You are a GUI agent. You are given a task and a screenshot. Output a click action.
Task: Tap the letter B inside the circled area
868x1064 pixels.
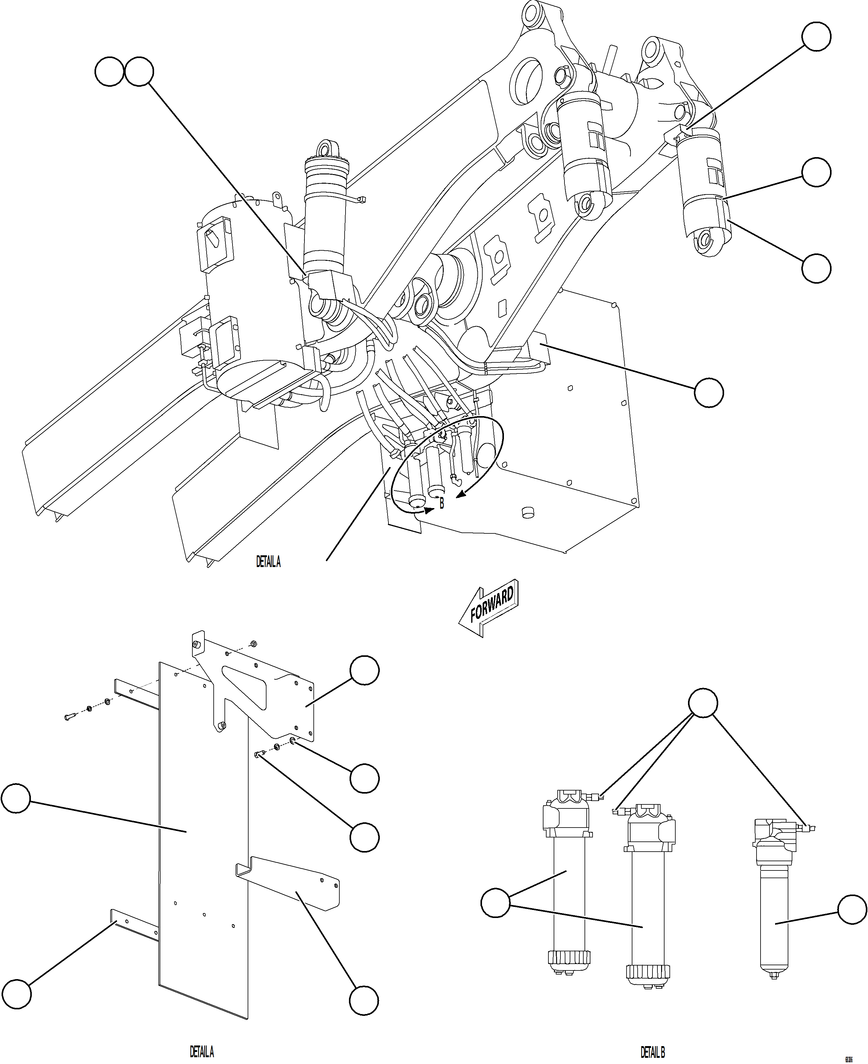[x=442, y=504]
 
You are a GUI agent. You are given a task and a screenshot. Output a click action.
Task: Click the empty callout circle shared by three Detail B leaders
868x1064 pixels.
[x=703, y=703]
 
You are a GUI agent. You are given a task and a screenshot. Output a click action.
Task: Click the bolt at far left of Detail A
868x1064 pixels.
[x=69, y=717]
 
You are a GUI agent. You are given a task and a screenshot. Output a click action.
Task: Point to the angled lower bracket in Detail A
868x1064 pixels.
[x=295, y=885]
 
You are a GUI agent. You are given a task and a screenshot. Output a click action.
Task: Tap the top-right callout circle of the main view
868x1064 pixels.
[x=816, y=36]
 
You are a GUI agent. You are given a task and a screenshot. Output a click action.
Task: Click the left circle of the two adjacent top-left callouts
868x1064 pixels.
[x=109, y=72]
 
